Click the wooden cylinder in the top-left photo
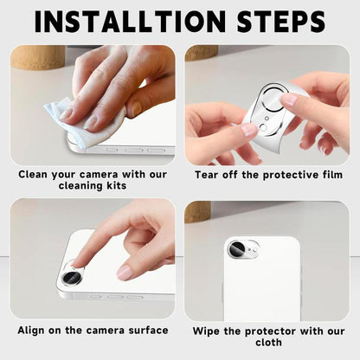[37, 57]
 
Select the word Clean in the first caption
[36, 173]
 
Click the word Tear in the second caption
[208, 173]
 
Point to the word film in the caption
[325, 173]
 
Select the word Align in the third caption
[37, 331]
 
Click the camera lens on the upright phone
[236, 249]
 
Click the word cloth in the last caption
[268, 343]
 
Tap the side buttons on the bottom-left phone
[108, 296]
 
